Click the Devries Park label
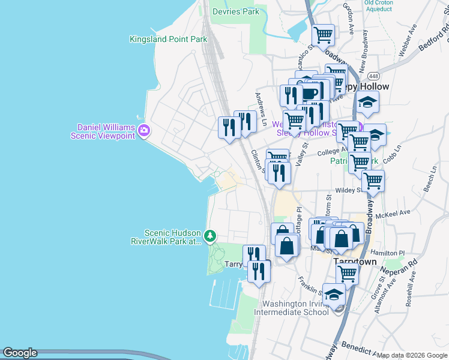click(x=236, y=11)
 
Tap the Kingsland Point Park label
click(x=168, y=40)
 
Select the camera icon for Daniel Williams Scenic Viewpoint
click(x=143, y=131)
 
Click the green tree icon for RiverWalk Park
click(x=210, y=236)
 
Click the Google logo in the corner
click(x=20, y=353)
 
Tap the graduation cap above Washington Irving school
click(x=334, y=294)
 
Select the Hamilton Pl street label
click(x=388, y=253)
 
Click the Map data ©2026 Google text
click(x=411, y=355)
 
